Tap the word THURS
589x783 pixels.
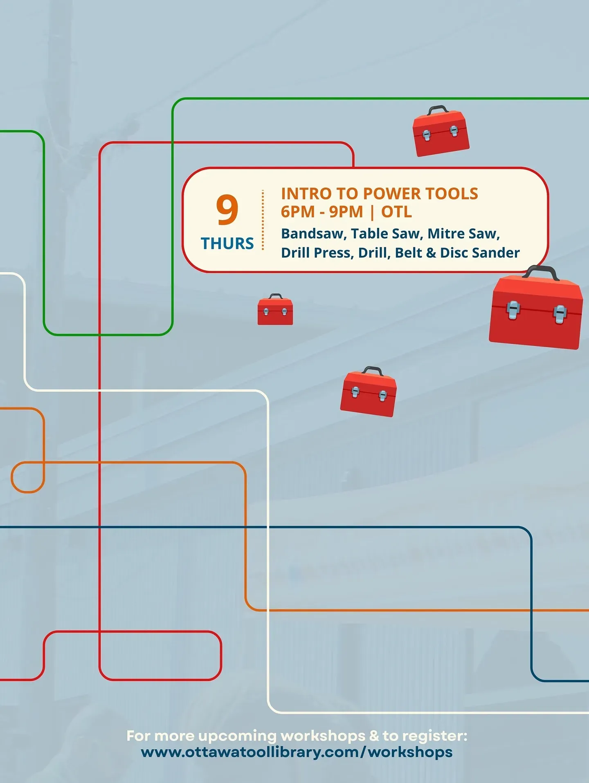coord(227,244)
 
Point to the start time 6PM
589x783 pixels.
coord(297,212)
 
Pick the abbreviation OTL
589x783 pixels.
coord(396,212)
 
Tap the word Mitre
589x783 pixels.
coord(446,234)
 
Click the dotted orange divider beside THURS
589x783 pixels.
coord(263,220)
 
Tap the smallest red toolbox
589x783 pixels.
coord(275,310)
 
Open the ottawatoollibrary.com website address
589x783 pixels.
coord(297,752)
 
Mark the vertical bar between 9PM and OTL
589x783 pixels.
coord(372,212)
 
